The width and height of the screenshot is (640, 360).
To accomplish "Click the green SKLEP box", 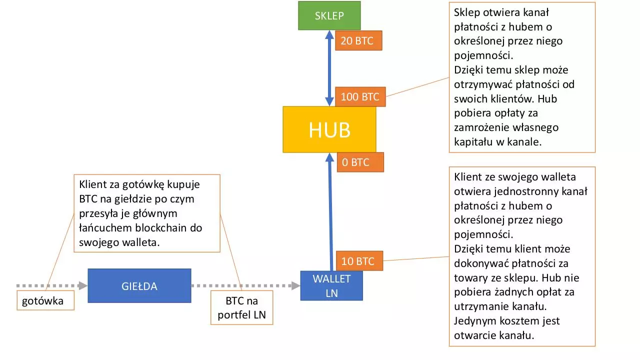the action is pyautogui.click(x=329, y=15).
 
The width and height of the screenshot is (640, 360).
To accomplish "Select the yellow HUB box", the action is pyautogui.click(x=329, y=129).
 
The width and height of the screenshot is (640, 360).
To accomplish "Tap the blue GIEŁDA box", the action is pyautogui.click(x=139, y=285).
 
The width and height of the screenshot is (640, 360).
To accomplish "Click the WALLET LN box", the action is pyautogui.click(x=331, y=285).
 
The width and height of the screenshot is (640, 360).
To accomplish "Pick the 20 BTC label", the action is pyautogui.click(x=358, y=40).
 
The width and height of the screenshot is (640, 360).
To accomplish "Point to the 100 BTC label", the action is pyautogui.click(x=360, y=97).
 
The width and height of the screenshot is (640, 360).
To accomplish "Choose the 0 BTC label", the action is pyautogui.click(x=360, y=162).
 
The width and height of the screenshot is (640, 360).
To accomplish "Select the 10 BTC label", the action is pyautogui.click(x=359, y=261).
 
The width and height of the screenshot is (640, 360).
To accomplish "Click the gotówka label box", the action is pyautogui.click(x=45, y=300).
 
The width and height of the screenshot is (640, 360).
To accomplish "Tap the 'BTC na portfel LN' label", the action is pyautogui.click(x=241, y=307).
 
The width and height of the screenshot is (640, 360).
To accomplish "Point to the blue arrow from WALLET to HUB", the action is pyautogui.click(x=330, y=211).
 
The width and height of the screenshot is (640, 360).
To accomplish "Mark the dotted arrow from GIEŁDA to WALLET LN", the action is pyautogui.click(x=245, y=285).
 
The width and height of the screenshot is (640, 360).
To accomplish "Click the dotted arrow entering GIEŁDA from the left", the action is pyautogui.click(x=52, y=285).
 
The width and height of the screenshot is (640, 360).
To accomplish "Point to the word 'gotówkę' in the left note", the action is pyautogui.click(x=143, y=185).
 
